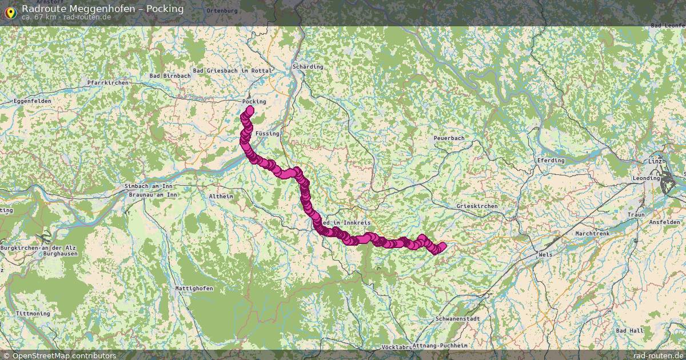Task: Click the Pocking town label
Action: [254, 102]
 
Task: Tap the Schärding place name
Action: [308, 67]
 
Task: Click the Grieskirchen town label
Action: [477, 206]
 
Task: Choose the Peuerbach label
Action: [449, 138]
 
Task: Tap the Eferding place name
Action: [551, 161]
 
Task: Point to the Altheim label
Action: [221, 196]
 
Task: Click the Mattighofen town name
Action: [194, 289]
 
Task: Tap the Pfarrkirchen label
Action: [109, 83]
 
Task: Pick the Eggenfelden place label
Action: [32, 101]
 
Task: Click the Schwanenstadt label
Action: [457, 318]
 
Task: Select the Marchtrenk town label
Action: [593, 234]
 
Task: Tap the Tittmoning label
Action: [33, 314]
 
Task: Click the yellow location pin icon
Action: [10, 12]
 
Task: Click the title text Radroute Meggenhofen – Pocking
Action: [103, 9]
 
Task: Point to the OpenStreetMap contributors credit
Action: [63, 355]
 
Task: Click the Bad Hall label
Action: [629, 331]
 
